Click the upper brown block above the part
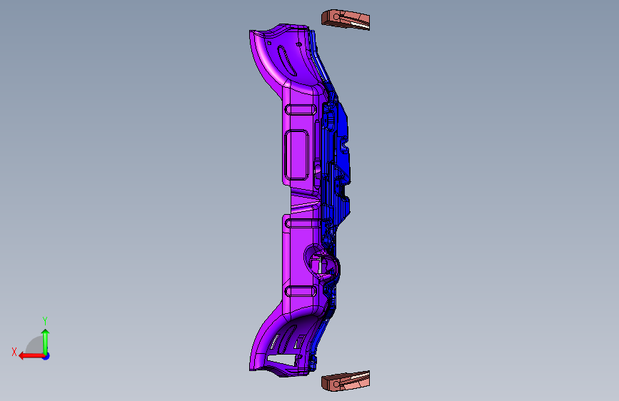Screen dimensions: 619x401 click(346, 19)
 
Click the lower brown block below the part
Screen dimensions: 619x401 click(346, 381)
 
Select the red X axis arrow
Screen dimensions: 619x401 click(31, 356)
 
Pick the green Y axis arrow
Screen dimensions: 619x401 click(46, 342)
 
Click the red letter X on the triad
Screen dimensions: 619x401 click(14, 352)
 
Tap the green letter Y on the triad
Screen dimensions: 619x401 click(45, 321)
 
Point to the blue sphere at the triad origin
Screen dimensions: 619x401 click(46, 356)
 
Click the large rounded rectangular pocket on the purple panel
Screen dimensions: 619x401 click(296, 155)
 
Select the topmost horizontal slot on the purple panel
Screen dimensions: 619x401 click(301, 109)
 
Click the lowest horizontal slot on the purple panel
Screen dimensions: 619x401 click(301, 292)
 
